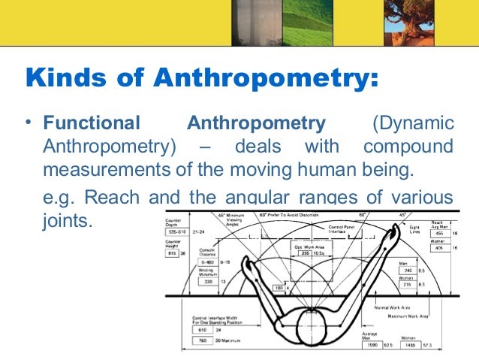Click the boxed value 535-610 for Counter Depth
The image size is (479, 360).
179,232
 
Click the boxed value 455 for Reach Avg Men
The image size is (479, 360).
438,234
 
